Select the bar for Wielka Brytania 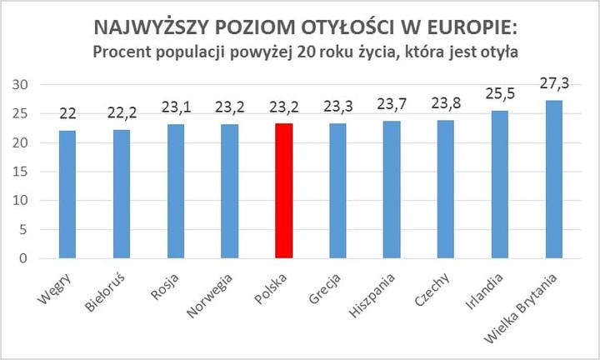point(554,179)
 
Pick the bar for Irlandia point(500,184)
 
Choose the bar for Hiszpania point(392,190)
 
